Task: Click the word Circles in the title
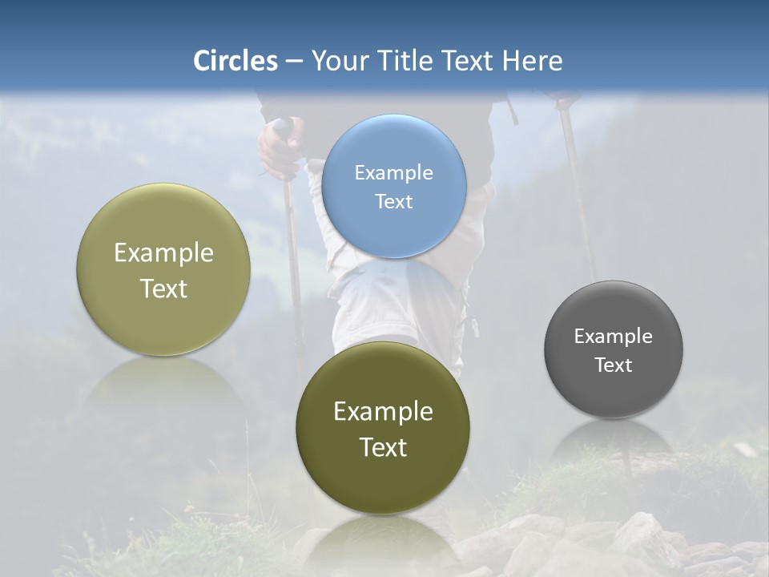click(x=236, y=61)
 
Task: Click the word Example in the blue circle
click(x=393, y=172)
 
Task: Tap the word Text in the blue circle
click(x=393, y=201)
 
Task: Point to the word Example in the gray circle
click(x=613, y=336)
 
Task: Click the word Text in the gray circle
click(x=613, y=365)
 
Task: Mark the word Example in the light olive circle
click(x=163, y=252)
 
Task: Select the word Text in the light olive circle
click(x=163, y=288)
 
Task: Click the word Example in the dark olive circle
click(x=383, y=411)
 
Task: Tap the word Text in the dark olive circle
click(x=383, y=447)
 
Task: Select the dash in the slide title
click(x=294, y=62)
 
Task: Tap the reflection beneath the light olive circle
click(x=164, y=381)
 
